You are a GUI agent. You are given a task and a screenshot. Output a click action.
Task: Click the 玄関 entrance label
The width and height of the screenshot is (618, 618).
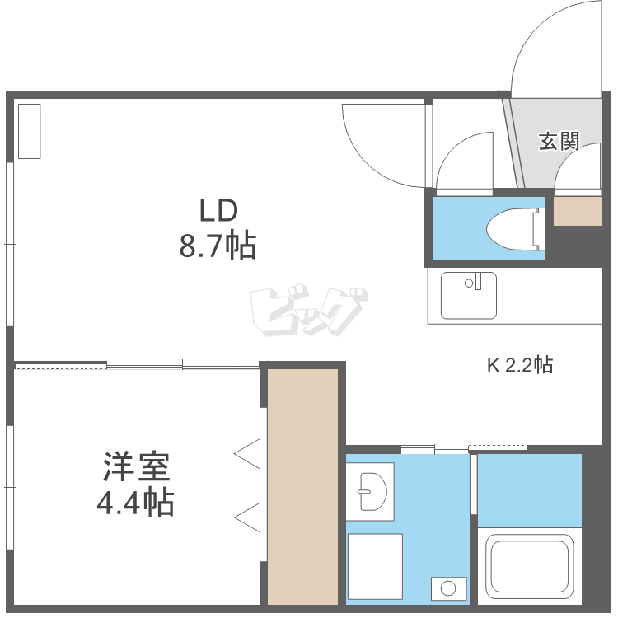pos(559,142)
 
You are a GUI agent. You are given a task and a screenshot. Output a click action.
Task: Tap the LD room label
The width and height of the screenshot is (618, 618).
pos(218,210)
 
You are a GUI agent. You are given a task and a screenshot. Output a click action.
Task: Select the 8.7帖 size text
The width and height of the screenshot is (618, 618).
pos(218,246)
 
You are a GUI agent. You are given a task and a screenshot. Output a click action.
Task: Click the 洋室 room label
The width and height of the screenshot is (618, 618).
pos(136,467)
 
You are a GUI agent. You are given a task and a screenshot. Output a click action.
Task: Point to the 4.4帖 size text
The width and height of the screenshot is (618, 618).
pos(136,502)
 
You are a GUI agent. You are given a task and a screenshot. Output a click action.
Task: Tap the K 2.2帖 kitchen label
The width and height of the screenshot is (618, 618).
pos(520,365)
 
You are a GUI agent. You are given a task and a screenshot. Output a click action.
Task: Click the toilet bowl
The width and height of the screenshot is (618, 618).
pos(510,229)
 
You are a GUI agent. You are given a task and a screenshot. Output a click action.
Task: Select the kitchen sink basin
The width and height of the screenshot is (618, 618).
pos(469,295)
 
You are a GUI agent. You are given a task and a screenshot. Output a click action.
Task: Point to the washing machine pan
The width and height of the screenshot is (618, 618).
pos(375,566)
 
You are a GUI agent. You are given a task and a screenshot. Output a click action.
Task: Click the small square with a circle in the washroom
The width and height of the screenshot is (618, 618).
pos(448,589)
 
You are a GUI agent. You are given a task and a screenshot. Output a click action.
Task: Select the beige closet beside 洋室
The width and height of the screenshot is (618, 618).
pos(302,486)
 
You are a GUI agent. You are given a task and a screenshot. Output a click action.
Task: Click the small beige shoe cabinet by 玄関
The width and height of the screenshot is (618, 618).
pos(578,211)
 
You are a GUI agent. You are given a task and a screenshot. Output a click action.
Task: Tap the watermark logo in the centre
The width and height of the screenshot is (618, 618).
pos(309,310)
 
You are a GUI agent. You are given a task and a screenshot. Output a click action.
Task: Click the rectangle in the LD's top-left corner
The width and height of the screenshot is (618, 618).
pos(30,131)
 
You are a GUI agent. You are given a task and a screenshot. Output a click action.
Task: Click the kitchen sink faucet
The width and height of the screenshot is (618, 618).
pos(478,282)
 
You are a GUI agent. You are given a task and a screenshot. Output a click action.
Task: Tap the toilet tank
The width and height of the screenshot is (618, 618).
pos(538,229)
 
